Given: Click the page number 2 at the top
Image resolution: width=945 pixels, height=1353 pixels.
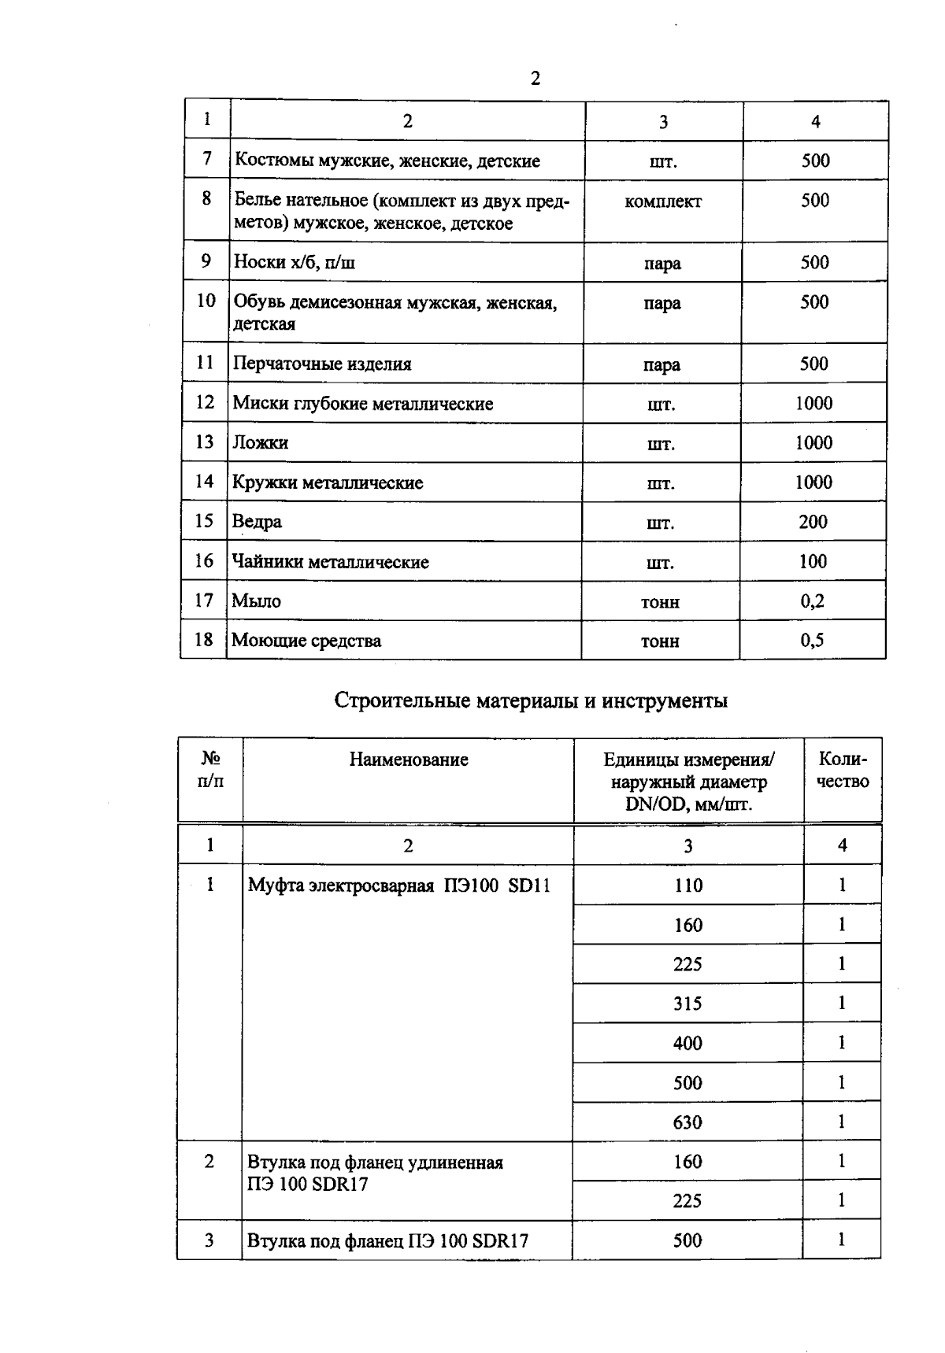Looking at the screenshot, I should [535, 79].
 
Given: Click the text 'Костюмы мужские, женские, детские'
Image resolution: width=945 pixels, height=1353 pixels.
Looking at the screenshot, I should [387, 161].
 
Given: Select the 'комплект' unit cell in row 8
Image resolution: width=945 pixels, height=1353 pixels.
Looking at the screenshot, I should [662, 201].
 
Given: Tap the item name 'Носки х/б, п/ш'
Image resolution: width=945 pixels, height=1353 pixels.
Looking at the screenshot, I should [294, 262].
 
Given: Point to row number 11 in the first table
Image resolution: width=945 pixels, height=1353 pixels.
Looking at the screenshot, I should [205, 363].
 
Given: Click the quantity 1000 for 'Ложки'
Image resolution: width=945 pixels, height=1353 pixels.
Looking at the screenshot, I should [813, 442].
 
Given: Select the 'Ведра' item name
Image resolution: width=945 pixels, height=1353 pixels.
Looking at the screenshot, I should [257, 522].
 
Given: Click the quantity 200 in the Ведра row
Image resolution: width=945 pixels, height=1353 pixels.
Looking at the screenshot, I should [813, 522].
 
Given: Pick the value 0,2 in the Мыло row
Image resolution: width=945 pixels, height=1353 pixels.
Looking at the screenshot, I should [812, 601].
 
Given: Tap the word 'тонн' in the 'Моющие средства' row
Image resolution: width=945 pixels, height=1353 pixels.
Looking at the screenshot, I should [660, 641].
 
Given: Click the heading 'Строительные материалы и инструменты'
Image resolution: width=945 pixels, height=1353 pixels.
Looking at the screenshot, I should [531, 701].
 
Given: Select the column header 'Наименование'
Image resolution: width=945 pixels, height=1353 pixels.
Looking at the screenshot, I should [409, 760].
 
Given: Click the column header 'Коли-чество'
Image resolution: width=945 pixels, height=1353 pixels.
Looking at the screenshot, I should [843, 771].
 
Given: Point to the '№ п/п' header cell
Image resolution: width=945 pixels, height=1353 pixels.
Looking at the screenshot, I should [210, 770].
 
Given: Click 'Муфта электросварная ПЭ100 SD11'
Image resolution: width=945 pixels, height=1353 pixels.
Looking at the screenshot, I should [399, 885].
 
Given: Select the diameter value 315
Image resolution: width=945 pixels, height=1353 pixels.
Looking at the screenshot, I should [687, 1004].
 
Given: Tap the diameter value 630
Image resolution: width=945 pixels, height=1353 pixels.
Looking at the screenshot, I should [687, 1122].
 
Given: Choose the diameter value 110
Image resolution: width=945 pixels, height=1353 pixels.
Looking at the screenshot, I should [688, 885].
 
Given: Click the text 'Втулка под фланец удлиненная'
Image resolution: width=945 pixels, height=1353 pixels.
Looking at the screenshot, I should [375, 1163].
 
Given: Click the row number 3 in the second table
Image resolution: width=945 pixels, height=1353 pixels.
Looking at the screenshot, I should [209, 1240].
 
